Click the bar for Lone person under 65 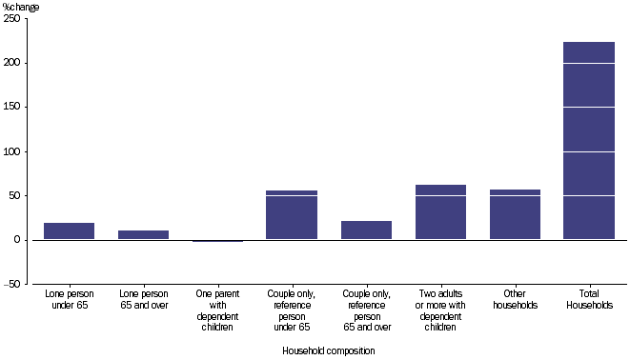(69, 230)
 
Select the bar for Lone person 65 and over (143, 234)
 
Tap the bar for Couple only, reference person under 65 (292, 215)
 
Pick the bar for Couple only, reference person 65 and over (366, 230)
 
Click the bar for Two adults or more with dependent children (440, 212)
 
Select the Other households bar (515, 214)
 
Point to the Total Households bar (589, 141)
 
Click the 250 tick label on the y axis (14, 19)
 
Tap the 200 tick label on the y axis (14, 63)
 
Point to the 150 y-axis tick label (14, 108)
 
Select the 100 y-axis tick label (14, 151)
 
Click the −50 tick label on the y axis (12, 284)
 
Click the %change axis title (22, 7)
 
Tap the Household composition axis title (329, 350)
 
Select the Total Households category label (589, 300)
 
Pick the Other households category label (515, 300)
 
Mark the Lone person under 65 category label (69, 300)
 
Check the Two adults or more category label (440, 311)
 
